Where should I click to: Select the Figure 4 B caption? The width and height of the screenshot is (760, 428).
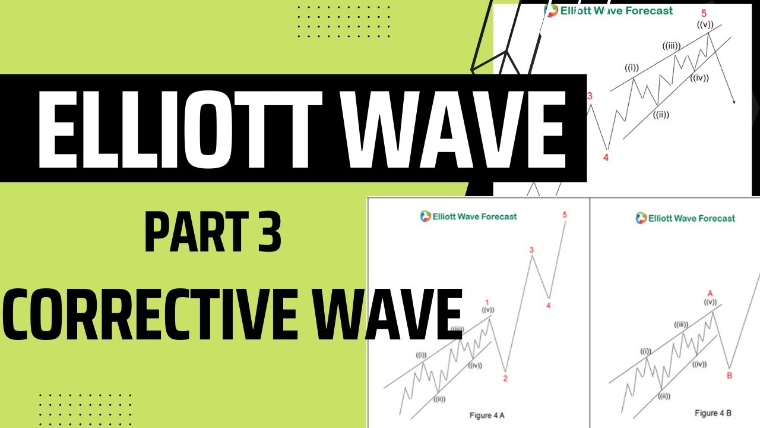coord(712,413)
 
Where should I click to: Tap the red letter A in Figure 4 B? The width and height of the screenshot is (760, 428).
coord(710,293)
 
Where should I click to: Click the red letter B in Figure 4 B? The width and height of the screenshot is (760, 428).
coord(729,375)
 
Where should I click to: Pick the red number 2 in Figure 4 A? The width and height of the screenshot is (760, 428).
coord(505,378)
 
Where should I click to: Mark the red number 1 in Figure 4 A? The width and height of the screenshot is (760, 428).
coord(487,301)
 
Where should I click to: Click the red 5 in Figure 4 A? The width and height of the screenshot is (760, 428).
coord(564,215)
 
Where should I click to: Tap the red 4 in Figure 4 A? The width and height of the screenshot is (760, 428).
coord(548,306)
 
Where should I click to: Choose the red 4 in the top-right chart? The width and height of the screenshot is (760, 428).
coord(606,158)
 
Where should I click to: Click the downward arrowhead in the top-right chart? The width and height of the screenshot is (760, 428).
coord(734,102)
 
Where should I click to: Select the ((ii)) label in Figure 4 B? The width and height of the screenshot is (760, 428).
coord(663,396)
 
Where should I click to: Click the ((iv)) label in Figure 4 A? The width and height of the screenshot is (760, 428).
coord(474,365)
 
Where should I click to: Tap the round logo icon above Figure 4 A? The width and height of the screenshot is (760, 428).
coord(425,216)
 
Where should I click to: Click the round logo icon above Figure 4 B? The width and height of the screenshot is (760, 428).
coord(641,218)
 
